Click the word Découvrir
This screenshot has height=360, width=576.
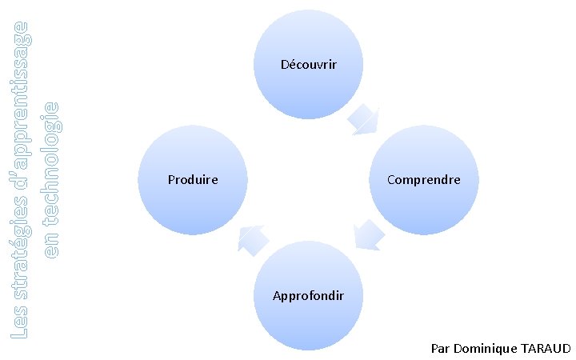tap(308, 64)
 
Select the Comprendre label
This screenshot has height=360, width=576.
tap(423, 180)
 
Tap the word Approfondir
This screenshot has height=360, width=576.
tap(308, 296)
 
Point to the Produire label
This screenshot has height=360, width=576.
tap(193, 180)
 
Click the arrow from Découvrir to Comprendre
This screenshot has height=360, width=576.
tap(365, 118)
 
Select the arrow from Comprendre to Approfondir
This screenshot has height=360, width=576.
tap(368, 236)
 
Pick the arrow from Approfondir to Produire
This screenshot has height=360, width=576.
tap(253, 239)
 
